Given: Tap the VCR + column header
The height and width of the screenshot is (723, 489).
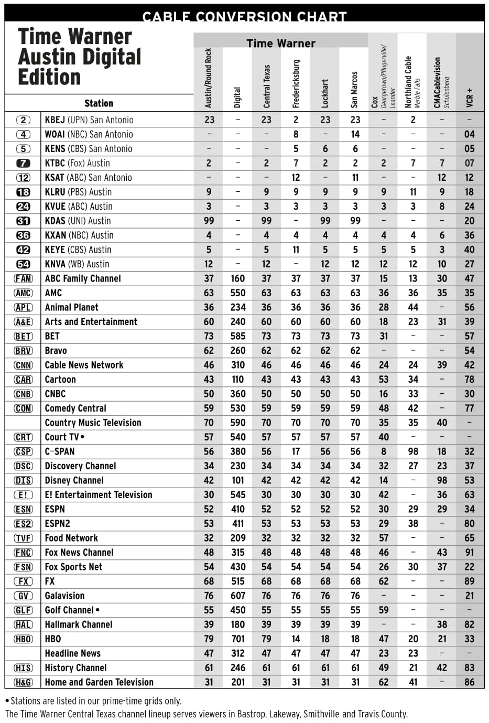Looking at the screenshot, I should click(470, 98).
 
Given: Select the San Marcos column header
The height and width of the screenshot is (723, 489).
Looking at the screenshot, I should click(355, 89).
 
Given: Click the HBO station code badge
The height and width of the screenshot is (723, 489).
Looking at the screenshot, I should click(23, 639).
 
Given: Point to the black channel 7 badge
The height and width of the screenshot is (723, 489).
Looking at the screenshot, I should click(23, 164).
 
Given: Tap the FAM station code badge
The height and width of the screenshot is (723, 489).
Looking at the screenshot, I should click(23, 279).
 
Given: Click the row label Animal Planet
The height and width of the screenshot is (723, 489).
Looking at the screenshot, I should click(71, 308).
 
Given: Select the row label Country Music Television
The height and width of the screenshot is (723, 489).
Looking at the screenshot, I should click(93, 423).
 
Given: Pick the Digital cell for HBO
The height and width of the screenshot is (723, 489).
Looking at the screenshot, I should click(238, 639).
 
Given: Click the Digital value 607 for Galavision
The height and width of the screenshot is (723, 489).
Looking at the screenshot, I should click(238, 596).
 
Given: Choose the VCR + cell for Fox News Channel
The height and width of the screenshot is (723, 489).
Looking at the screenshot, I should click(469, 553).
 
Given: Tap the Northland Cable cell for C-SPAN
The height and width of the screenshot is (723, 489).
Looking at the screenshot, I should click(413, 452).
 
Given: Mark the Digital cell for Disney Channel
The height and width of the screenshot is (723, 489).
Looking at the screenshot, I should click(238, 481).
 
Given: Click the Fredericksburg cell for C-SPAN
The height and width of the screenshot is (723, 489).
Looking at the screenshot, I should click(296, 452).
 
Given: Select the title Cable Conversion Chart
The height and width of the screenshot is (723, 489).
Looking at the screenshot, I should click(244, 17).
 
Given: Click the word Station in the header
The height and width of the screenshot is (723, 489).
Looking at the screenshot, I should click(99, 103).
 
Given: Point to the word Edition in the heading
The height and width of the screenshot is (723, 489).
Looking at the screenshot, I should click(49, 77).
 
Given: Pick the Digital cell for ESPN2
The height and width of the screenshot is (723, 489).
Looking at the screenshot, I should click(238, 524).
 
